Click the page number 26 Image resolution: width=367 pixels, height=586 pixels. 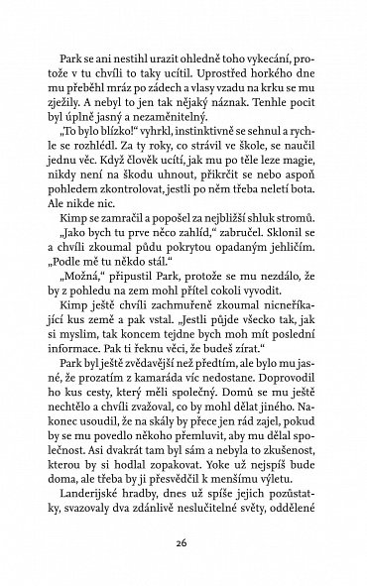(x=183, y=543)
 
